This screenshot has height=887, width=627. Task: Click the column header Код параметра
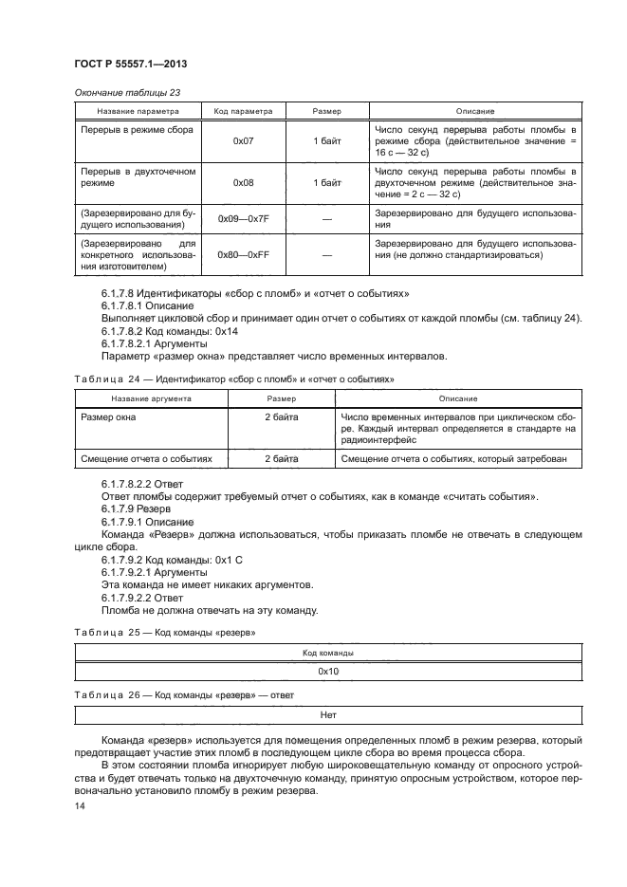coord(243,111)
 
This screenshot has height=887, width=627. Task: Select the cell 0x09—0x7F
coord(243,219)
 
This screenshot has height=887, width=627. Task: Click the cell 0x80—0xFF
coord(243,254)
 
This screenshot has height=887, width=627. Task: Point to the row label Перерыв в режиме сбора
coord(130,128)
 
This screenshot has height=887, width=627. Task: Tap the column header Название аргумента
coord(151,398)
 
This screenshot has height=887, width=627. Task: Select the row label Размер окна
coord(107,416)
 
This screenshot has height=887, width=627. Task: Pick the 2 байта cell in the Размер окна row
coord(281,416)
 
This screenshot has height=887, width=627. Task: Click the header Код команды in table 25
coord(328,653)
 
